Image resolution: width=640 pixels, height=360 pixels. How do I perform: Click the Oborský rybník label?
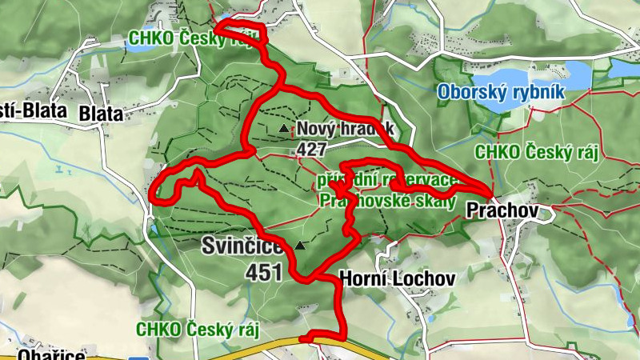(x=501, y=93)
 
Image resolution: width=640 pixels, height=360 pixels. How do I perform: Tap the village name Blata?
(x=101, y=114)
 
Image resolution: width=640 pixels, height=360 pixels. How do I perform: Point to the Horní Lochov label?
(x=397, y=278)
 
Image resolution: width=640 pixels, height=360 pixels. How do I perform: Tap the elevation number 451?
(x=264, y=273)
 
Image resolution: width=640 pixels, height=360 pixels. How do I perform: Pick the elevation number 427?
(x=312, y=149)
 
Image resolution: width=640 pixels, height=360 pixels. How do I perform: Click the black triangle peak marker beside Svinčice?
(x=300, y=245)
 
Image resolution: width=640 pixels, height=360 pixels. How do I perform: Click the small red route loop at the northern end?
(x=240, y=32)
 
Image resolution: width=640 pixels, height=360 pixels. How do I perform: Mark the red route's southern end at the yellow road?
(x=304, y=338)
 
